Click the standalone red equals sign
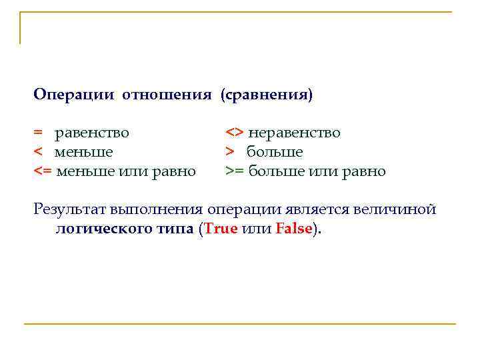click(x=39, y=133)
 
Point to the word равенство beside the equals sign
click(x=92, y=133)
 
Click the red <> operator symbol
click(x=235, y=133)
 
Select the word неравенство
click(x=293, y=133)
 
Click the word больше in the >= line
click(x=275, y=171)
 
